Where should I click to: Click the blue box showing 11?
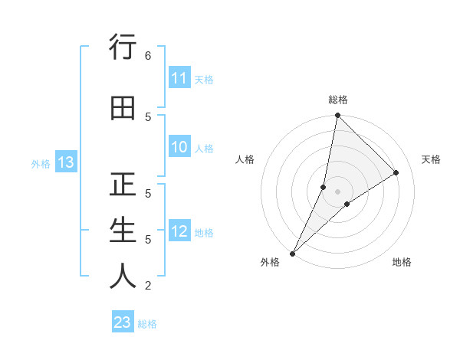[179, 78]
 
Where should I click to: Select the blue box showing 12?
[179, 231]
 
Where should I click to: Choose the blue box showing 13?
[65, 162]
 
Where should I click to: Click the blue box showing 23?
[123, 322]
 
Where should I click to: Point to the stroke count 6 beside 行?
[147, 55]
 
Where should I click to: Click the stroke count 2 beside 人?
[147, 286]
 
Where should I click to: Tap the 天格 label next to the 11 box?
[203, 79]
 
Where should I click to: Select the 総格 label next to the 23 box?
[147, 323]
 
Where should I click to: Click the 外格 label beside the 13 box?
[40, 163]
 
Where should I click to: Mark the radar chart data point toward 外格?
[293, 253]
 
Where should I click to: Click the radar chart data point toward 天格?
[396, 173]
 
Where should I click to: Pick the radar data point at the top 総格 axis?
[337, 115]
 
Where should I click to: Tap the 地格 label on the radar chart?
[402, 262]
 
